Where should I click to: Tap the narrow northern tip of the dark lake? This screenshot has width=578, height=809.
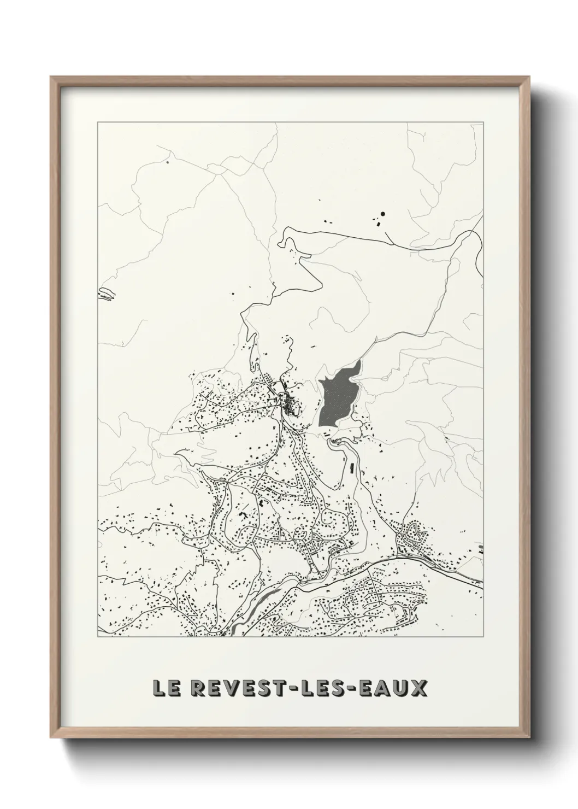click(358, 363)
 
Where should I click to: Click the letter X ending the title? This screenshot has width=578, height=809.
click(418, 688)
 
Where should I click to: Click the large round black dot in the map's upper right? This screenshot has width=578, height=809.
click(383, 214)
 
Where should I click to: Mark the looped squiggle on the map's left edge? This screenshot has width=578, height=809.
click(107, 294)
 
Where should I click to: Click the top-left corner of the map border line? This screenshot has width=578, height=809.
click(98, 122)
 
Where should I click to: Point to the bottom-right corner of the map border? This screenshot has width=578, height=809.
click(483, 636)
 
